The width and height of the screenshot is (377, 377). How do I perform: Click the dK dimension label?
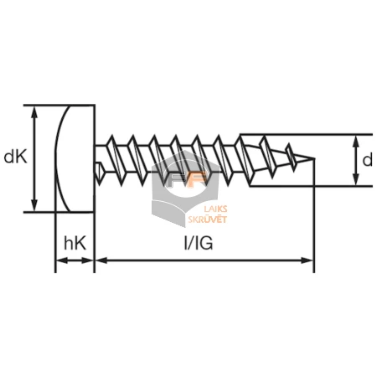pyautogui.click(x=15, y=158)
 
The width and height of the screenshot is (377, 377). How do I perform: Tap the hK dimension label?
pyautogui.click(x=75, y=243)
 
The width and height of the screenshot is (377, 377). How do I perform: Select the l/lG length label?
pyautogui.click(x=199, y=243)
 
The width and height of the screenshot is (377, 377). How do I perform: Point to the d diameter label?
pyautogui.click(x=367, y=160)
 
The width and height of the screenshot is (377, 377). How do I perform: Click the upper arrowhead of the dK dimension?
pyautogui.click(x=34, y=111)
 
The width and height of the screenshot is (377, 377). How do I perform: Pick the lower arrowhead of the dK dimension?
pyautogui.click(x=34, y=205)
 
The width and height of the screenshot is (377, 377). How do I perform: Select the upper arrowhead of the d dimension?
pyautogui.click(x=355, y=142)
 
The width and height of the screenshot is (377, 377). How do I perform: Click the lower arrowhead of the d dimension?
pyautogui.click(x=355, y=179)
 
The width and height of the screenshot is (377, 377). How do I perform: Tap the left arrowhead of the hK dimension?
pyautogui.click(x=62, y=261)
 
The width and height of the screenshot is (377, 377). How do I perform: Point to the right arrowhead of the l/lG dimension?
pyautogui.click(x=307, y=261)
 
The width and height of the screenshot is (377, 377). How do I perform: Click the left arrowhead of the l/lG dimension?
pyautogui.click(x=102, y=261)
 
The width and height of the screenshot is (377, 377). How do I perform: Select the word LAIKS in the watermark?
pyautogui.click(x=215, y=209)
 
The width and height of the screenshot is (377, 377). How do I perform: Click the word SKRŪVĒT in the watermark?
pyautogui.click(x=207, y=219)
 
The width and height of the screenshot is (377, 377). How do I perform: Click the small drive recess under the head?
pyautogui.click(x=99, y=173)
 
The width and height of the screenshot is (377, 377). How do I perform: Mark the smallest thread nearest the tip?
pyautogui.click(x=291, y=157)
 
